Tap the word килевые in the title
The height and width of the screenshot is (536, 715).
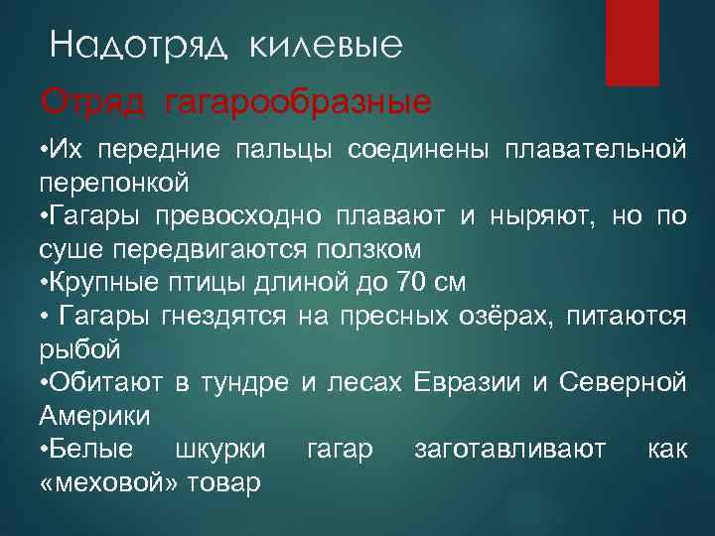click(x=325, y=46)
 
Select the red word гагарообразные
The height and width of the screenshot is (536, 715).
click(x=298, y=101)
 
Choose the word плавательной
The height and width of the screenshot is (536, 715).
click(x=595, y=150)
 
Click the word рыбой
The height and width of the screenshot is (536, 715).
click(x=79, y=349)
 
